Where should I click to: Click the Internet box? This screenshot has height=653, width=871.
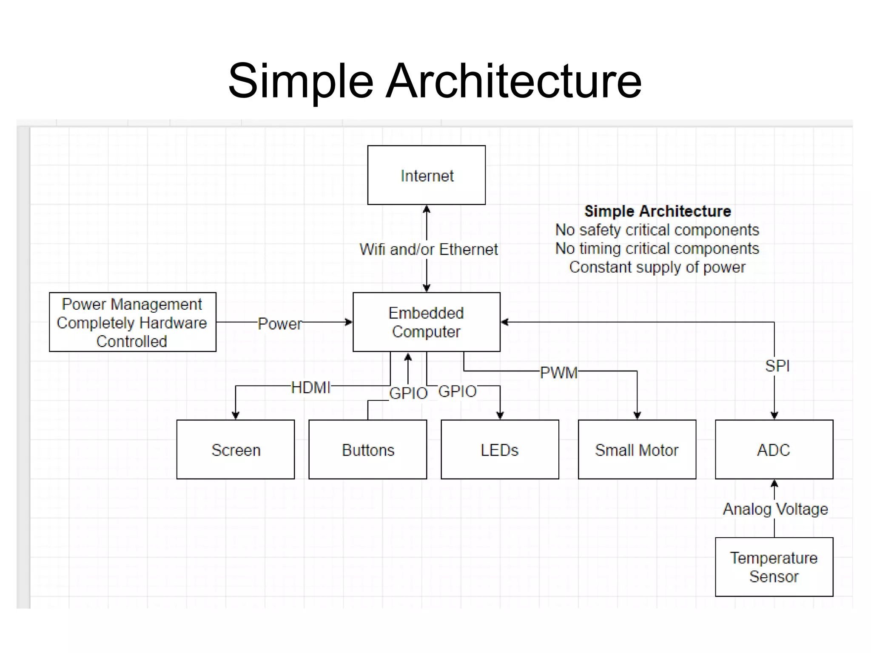coord(426,175)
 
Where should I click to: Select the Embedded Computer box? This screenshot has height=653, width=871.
coord(426,322)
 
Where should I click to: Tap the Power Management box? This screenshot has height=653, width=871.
coord(132,322)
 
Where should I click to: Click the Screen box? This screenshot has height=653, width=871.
coord(235,450)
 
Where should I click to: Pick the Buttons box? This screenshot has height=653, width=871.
coord(367,450)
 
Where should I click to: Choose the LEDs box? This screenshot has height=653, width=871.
coord(500,450)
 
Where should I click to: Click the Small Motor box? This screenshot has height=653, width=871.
coord(637,450)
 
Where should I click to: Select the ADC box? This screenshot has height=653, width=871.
coord(774,450)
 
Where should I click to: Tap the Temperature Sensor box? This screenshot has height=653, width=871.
coord(774,567)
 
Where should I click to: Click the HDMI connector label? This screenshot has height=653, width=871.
coord(310,388)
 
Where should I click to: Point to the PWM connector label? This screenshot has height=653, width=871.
coord(558,373)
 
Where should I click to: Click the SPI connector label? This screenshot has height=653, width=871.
coord(777,366)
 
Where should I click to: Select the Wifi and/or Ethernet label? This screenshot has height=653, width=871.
coord(428,249)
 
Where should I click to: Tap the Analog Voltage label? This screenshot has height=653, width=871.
coord(775,509)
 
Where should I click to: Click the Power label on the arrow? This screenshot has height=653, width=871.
coord(280,324)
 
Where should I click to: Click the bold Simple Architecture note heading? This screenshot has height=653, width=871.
coord(657,211)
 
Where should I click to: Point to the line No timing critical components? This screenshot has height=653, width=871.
coord(657,248)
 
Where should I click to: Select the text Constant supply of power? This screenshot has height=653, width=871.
coord(657,267)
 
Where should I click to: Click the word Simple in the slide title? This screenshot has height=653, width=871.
coord(300,81)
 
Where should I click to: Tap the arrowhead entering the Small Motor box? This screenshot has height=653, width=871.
coord(637,415)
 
